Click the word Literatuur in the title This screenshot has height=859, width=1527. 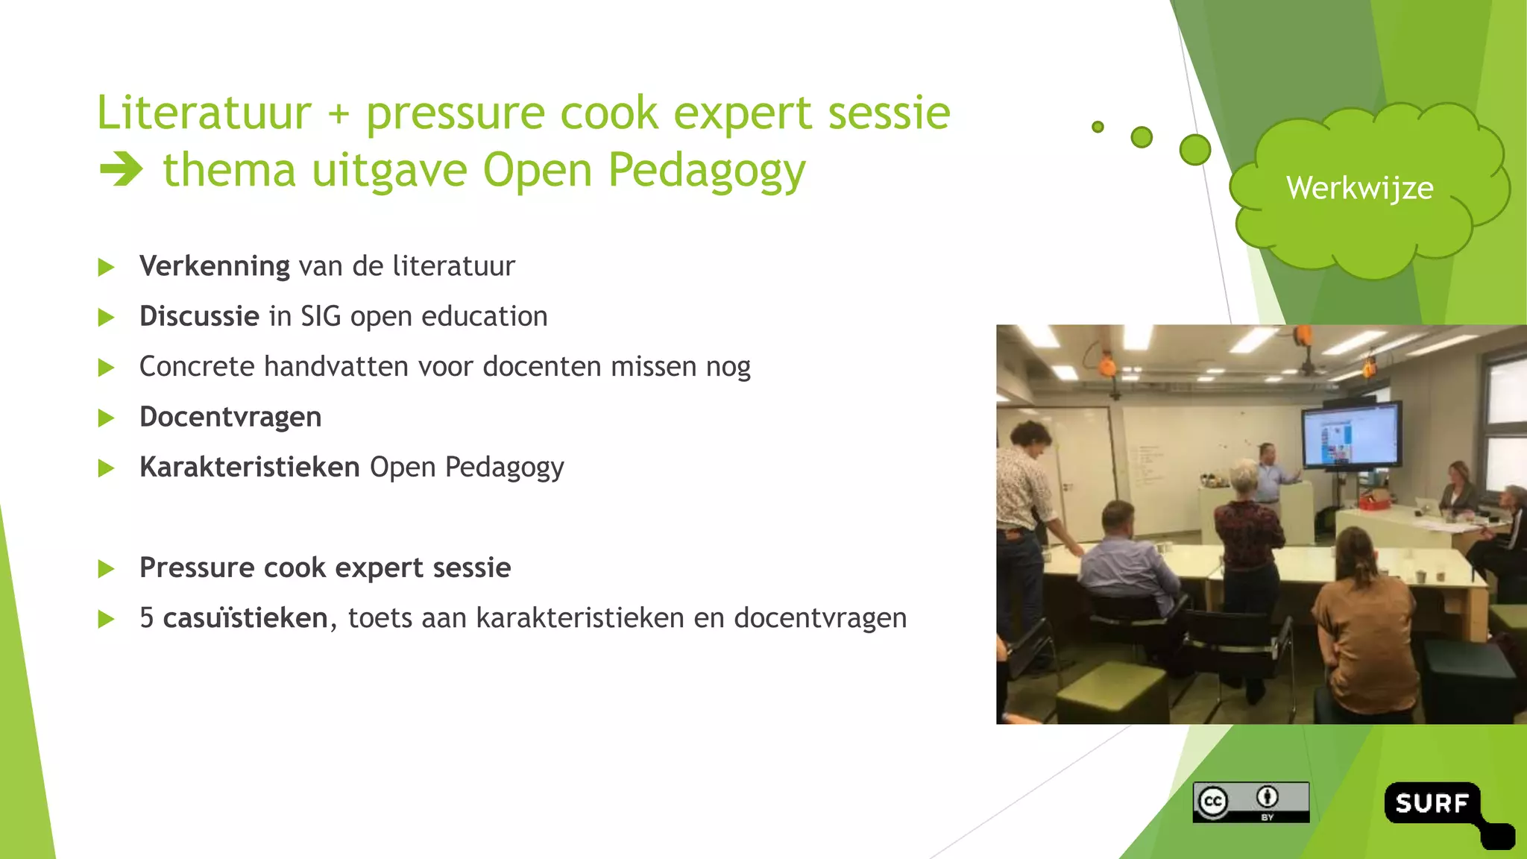pos(204,113)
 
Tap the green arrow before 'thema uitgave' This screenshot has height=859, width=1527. pos(120,169)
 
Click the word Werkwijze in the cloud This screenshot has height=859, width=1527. pos(1359,188)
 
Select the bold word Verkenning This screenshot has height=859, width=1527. pos(215,266)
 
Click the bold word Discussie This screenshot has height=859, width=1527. pos(199,316)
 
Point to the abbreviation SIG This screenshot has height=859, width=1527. pos(321,316)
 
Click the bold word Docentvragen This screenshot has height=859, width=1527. pos(230,417)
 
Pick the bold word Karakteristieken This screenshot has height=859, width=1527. pos(250,467)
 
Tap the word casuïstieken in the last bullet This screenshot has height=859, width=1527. pos(245,618)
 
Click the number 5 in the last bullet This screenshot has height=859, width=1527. pos(147,618)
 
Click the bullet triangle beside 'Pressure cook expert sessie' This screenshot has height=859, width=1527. pos(106,569)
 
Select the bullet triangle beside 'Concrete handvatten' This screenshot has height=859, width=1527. pos(106,367)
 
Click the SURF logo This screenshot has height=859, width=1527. pos(1433,804)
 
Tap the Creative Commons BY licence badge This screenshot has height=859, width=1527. pos(1250,802)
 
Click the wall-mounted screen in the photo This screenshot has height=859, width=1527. pos(1350,436)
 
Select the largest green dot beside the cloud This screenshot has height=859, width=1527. pos(1194,150)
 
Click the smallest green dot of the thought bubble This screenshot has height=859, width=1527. pos(1098,127)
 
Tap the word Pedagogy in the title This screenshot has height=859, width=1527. pos(707,170)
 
